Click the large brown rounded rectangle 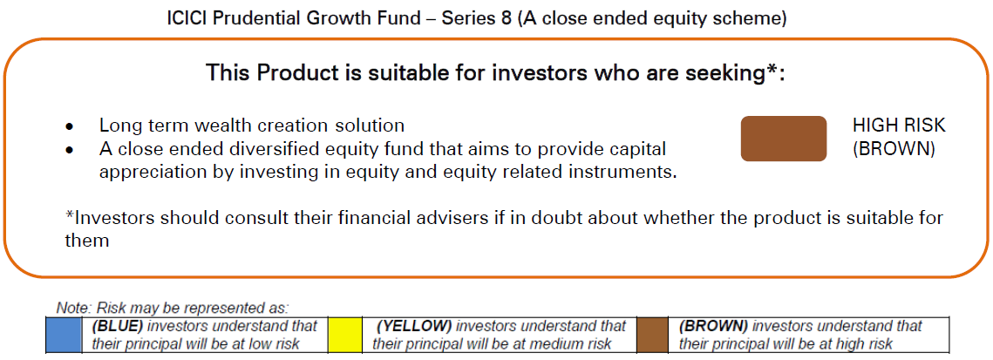point(784,139)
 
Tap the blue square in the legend point(64,336)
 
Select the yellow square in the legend point(345,336)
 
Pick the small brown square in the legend point(653,336)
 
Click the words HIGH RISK point(899,126)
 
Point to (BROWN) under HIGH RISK point(894,150)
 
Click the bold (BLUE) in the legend point(114,327)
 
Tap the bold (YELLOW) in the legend point(413,327)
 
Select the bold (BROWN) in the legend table point(713,327)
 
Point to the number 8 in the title point(507,18)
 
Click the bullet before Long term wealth point(70,127)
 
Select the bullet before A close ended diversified point(70,151)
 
